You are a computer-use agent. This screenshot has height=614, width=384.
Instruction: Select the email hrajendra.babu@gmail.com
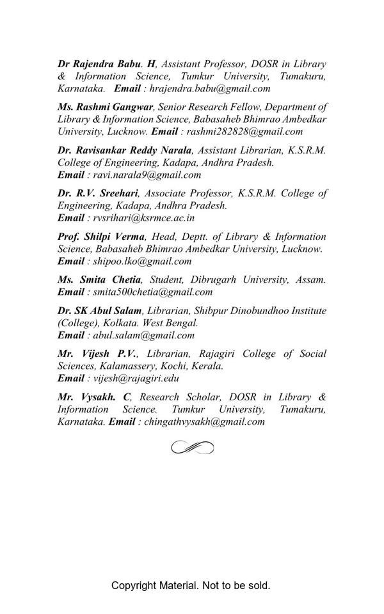tap(214, 89)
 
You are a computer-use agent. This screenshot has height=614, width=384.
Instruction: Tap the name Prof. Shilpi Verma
tap(101, 237)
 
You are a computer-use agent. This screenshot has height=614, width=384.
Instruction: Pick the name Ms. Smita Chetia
tap(99, 279)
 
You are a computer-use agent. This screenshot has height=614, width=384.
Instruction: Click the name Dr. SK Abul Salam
tap(99, 311)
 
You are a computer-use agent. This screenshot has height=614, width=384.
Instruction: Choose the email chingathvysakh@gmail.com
tap(204, 422)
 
